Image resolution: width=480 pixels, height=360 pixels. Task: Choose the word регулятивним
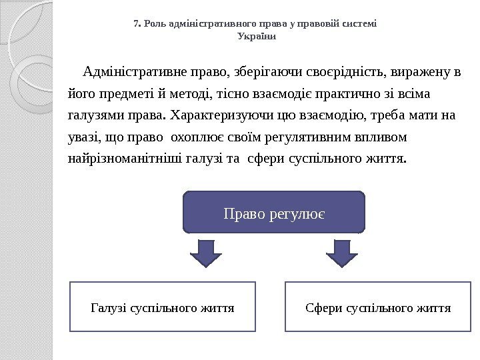coord(294,137)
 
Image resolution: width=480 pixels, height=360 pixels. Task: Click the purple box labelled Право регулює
coord(274,212)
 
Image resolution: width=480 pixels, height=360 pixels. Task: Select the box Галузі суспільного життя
coord(163,307)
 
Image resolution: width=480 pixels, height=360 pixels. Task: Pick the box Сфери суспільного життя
coord(377,307)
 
